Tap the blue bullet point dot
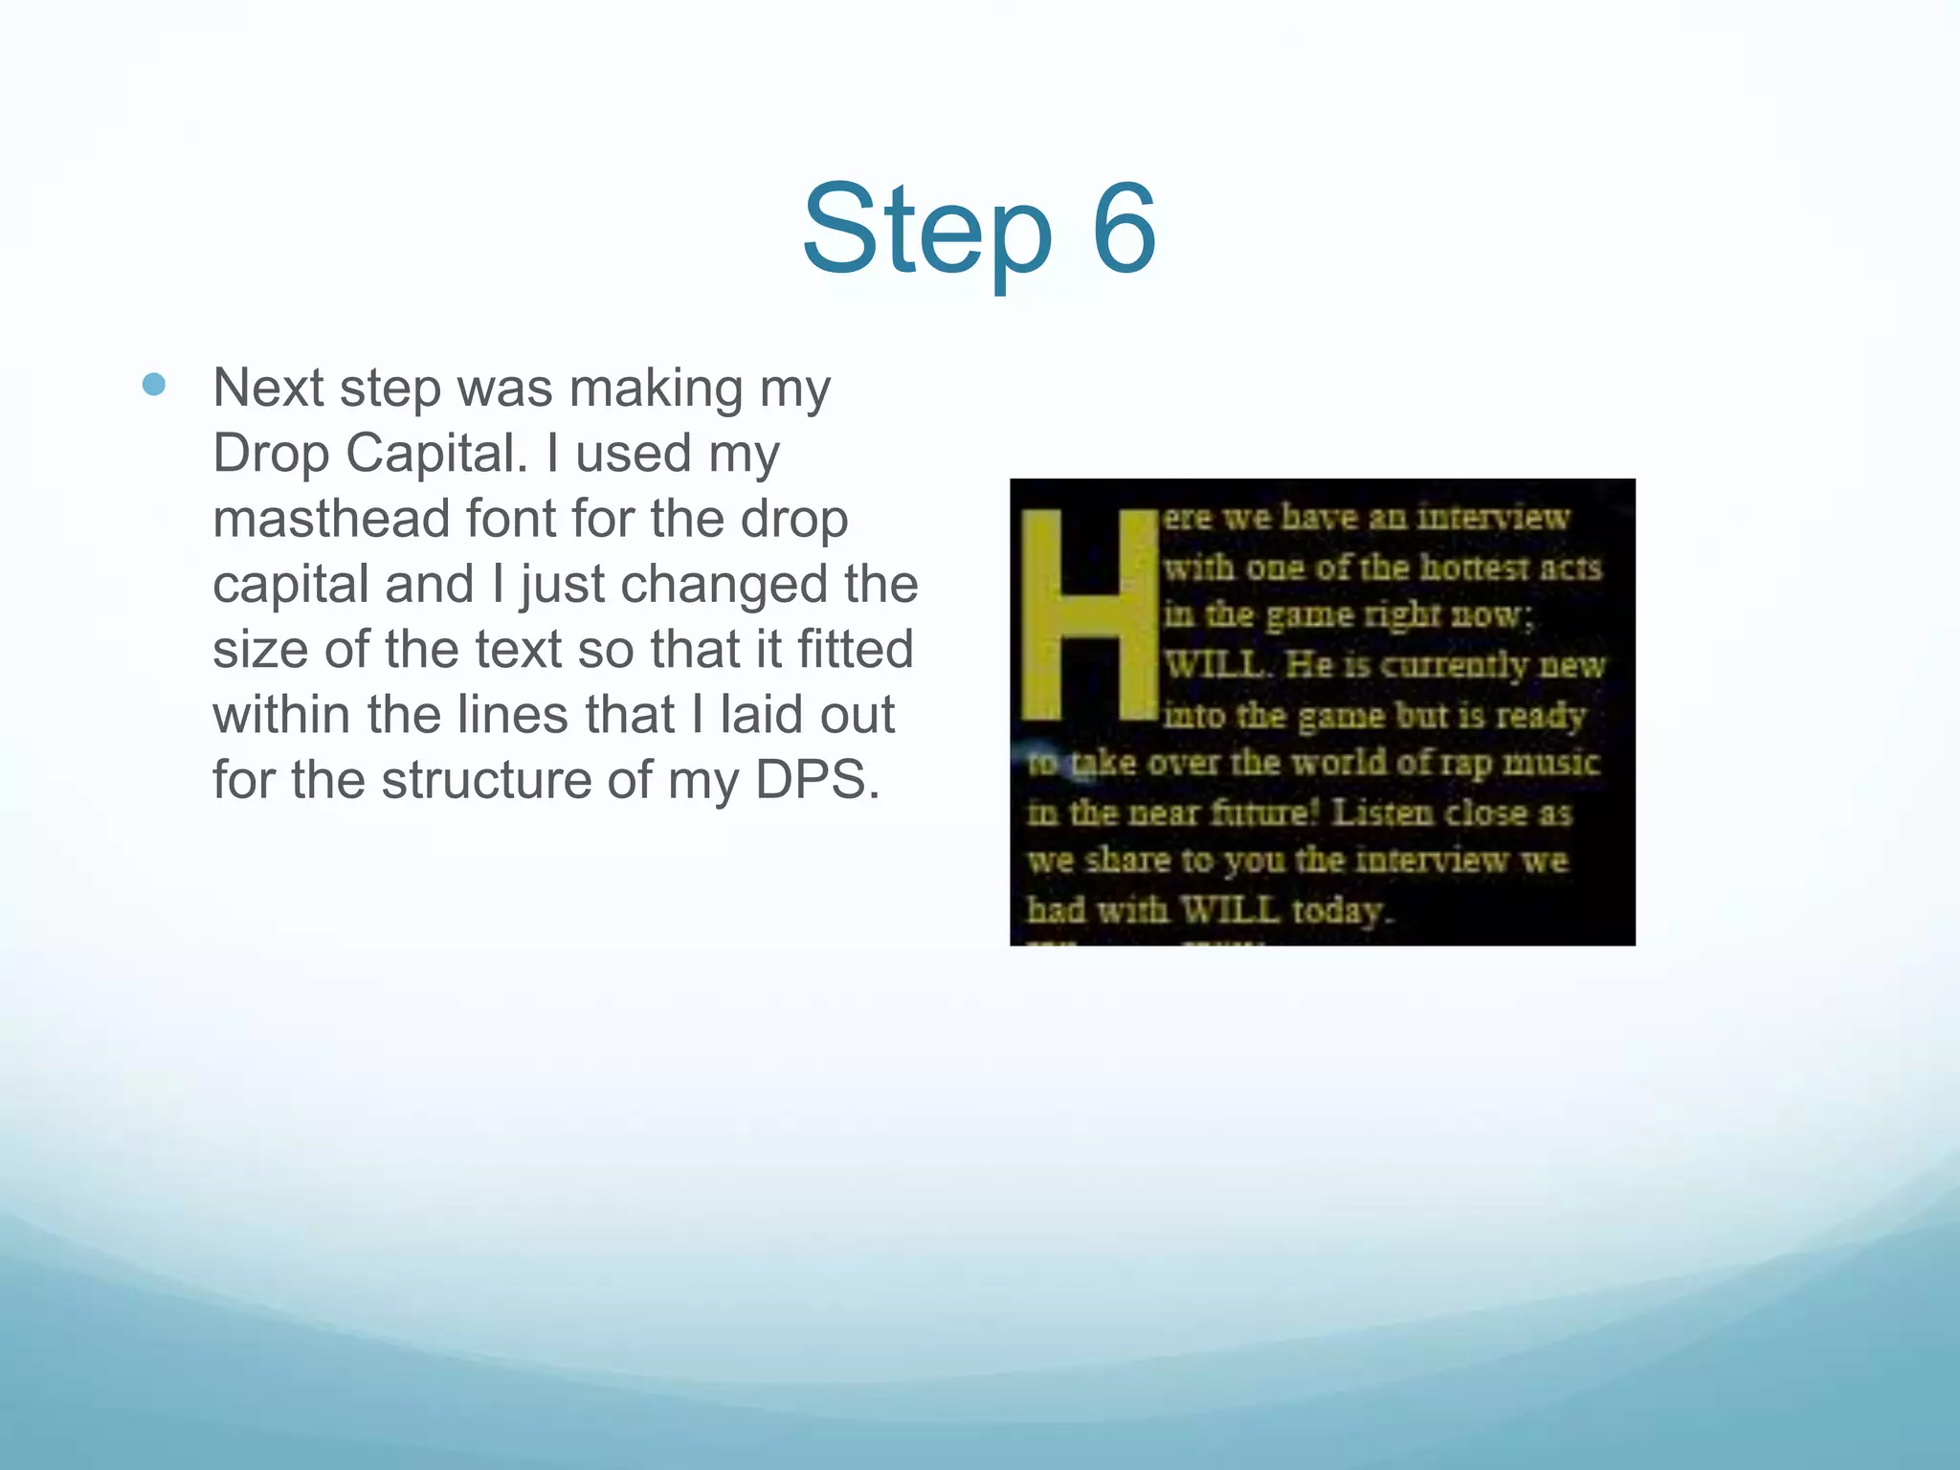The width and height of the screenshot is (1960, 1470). [153, 385]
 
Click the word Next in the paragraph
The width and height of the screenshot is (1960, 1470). [268, 389]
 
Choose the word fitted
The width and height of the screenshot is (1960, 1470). [856, 649]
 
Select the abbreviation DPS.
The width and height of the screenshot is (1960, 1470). [816, 780]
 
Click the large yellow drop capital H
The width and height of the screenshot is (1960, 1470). [1089, 614]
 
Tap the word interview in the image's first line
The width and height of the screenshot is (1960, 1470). [1493, 518]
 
